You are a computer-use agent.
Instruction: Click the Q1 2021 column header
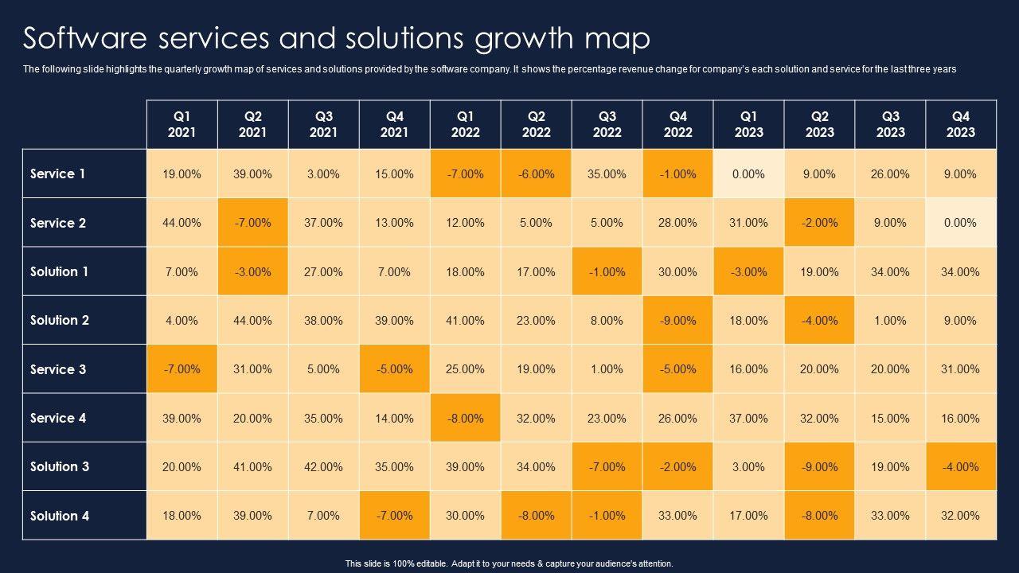click(x=182, y=124)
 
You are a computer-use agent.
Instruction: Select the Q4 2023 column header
click(x=960, y=124)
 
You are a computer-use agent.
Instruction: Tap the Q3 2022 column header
click(x=607, y=124)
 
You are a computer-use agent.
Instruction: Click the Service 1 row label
click(x=58, y=173)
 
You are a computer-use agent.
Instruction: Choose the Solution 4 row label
click(x=60, y=516)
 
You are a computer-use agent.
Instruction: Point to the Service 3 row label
click(x=58, y=369)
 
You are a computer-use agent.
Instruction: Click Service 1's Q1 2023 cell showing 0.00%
click(x=748, y=173)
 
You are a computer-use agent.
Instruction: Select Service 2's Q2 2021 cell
click(x=252, y=223)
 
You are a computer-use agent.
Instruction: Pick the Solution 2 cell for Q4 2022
click(x=677, y=320)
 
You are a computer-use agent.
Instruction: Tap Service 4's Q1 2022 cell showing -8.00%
click(x=465, y=418)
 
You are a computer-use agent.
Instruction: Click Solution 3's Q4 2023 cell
click(x=960, y=466)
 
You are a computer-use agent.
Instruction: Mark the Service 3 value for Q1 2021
click(x=182, y=369)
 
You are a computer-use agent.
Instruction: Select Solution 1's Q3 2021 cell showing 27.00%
click(x=323, y=271)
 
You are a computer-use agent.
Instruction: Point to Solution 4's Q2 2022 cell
click(x=536, y=516)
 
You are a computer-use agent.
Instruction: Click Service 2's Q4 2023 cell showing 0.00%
click(x=960, y=223)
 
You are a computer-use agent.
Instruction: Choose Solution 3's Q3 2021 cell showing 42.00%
click(x=323, y=466)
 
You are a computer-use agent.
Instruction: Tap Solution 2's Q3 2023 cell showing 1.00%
click(x=890, y=320)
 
